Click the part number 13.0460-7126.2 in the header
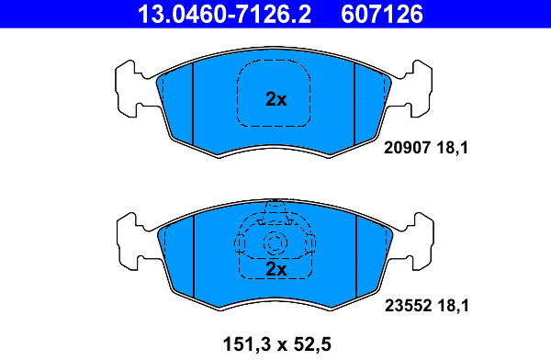coord(224,15)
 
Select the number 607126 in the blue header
coord(382,15)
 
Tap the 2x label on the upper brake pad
coord(275,99)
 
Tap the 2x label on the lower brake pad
coord(275,269)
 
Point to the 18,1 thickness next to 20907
coord(453,148)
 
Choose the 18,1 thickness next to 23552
coord(454,306)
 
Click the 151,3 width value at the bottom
coord(247,344)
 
